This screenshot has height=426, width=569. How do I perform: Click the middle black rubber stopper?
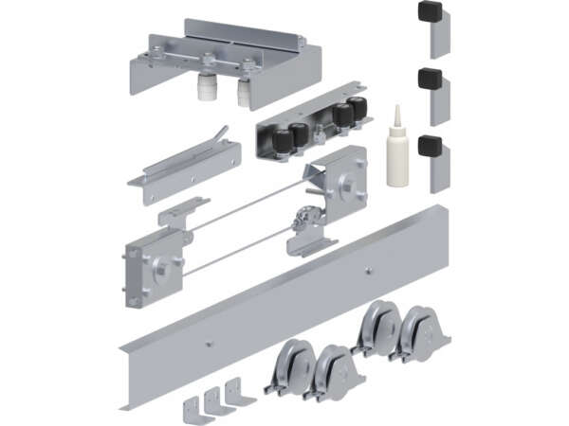pyautogui.click(x=431, y=78)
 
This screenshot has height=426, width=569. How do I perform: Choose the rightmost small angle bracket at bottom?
pyautogui.click(x=234, y=391)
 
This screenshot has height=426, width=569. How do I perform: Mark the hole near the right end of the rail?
pyautogui.click(x=370, y=271)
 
